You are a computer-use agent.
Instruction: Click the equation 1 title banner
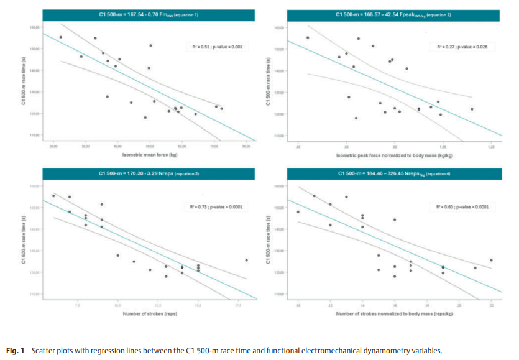click(x=145, y=15)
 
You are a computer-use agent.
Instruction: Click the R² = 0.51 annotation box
click(x=215, y=47)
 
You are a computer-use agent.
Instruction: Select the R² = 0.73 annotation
click(x=215, y=206)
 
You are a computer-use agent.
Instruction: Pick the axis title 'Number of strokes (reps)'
click(x=150, y=313)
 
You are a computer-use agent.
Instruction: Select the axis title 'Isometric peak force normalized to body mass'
click(x=393, y=154)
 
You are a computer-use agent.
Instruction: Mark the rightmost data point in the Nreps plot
click(x=247, y=261)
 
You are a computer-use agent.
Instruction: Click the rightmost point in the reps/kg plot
click(x=491, y=261)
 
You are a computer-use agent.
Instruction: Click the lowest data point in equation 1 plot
click(x=145, y=117)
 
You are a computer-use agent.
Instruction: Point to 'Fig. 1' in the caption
click(x=16, y=351)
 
